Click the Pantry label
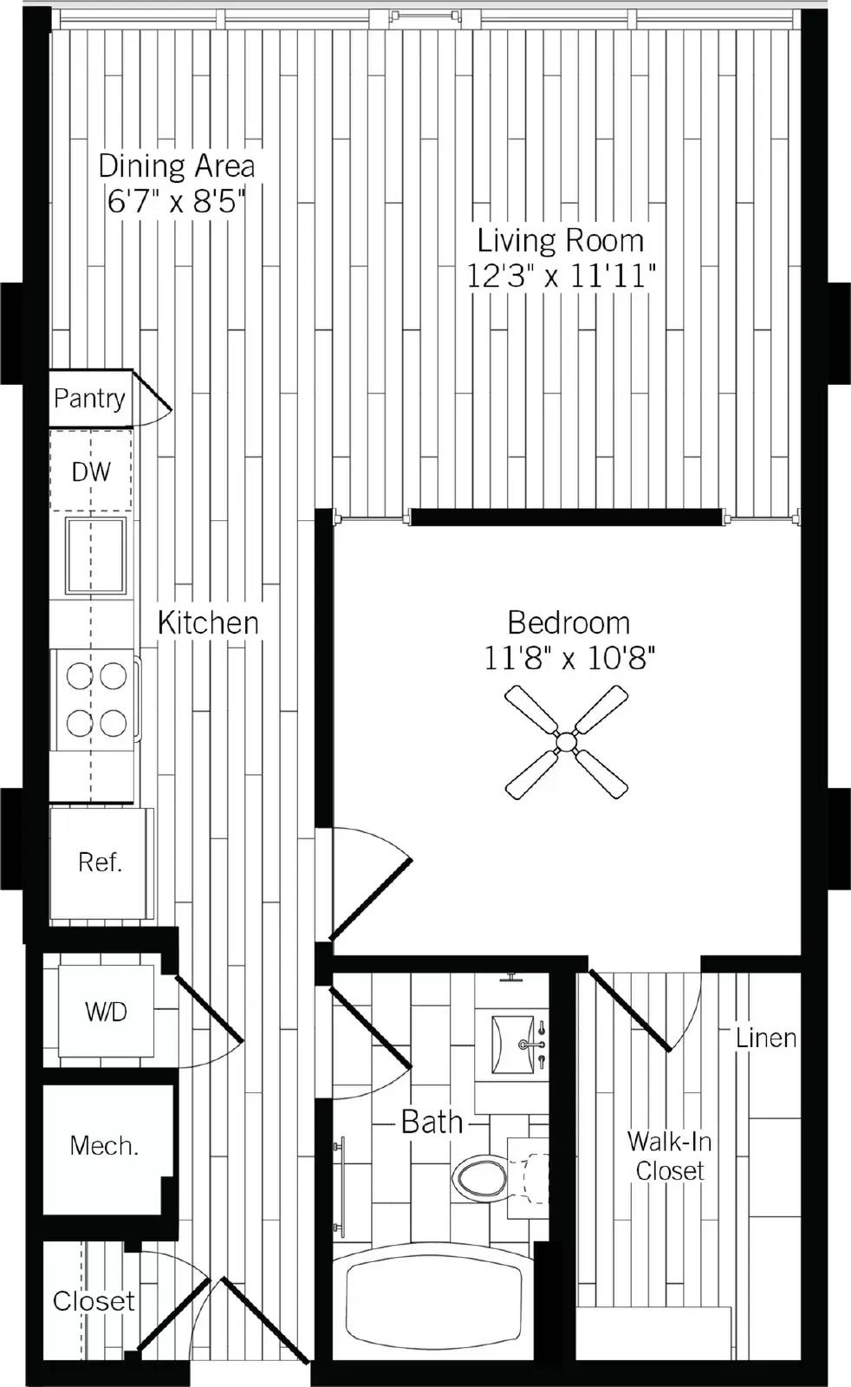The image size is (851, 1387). pos(89,398)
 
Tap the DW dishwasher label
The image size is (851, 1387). pos(91,472)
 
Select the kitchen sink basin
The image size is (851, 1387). pos(96,556)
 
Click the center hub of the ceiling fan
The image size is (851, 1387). pos(566,741)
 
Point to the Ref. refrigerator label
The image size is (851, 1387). pos(101,862)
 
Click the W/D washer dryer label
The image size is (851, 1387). pos(106,1012)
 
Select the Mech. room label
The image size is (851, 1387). pos(104,1146)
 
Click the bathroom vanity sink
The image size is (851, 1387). pos(512,1044)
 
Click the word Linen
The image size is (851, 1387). pos(765,1039)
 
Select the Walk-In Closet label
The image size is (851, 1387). pos(670,1156)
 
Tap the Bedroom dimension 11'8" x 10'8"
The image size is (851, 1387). pos(568,658)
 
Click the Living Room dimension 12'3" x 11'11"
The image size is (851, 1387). pos(560,276)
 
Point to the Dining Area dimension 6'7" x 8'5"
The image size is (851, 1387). pos(177,201)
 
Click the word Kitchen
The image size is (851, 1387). pos(208,623)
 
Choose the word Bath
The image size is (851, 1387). pos(432,1122)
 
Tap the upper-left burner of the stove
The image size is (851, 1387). pos(80,676)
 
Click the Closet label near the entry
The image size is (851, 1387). pos(94,1301)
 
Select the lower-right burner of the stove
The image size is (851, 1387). pos(114,723)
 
